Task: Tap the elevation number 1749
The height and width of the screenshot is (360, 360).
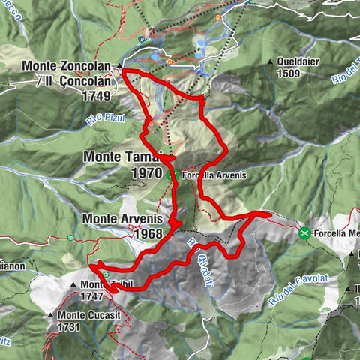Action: click(x=97, y=96)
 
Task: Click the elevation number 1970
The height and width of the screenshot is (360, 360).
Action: click(x=146, y=173)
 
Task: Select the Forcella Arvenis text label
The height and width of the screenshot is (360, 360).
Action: click(x=208, y=176)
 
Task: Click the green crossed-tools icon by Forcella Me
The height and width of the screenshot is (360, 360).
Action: click(x=305, y=233)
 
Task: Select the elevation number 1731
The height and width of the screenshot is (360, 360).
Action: click(x=73, y=327)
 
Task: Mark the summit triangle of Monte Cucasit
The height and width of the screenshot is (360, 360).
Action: click(x=50, y=316)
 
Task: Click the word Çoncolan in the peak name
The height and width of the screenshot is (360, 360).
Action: click(x=82, y=81)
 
